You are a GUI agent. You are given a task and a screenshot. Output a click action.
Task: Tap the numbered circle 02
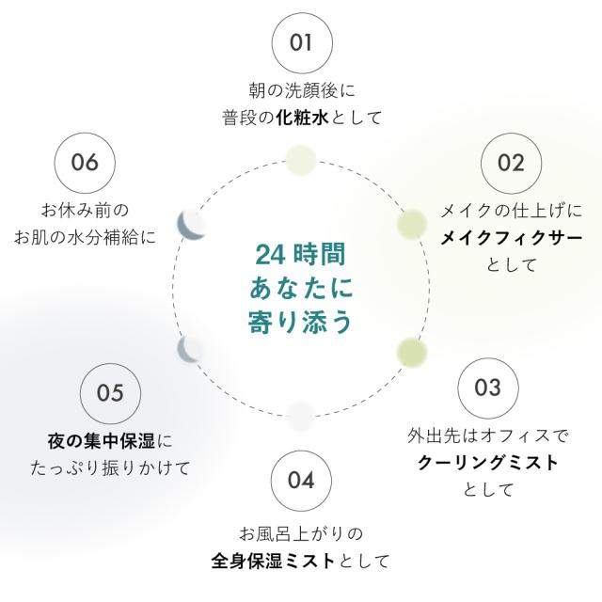511,163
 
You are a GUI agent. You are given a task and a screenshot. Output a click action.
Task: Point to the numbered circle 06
85,162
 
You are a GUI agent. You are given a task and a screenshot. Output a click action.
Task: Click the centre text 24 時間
300,255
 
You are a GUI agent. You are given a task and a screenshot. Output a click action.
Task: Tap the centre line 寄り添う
300,321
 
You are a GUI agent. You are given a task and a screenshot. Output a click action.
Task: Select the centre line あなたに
300,288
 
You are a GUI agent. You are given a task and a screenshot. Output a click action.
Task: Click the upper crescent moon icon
192,224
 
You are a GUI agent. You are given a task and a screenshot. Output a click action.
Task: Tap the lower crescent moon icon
192,351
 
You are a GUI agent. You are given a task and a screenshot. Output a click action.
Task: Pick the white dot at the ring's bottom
300,414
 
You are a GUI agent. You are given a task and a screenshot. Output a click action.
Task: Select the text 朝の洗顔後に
301,92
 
